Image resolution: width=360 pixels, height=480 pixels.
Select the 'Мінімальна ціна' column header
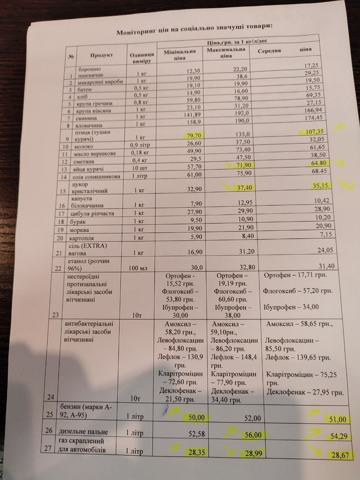(x=180, y=55)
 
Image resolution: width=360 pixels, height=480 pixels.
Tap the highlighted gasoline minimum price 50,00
(x=196, y=417)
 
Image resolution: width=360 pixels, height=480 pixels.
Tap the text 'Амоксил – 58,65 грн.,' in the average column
(x=299, y=324)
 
